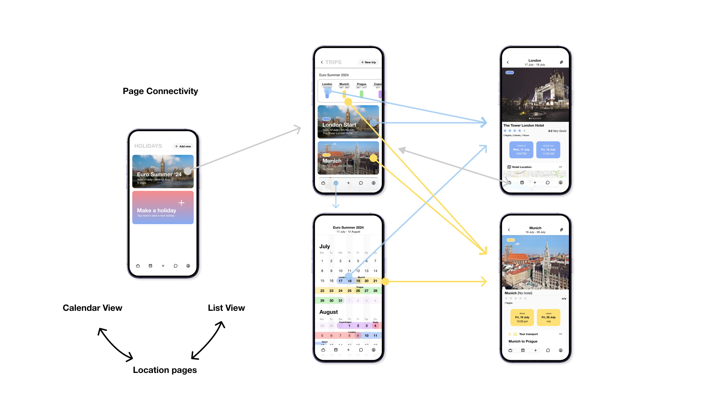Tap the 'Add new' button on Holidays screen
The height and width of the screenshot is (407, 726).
(183, 146)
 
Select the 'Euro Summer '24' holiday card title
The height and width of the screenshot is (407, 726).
(159, 174)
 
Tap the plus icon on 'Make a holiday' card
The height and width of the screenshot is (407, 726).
(181, 203)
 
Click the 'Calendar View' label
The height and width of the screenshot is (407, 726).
(92, 308)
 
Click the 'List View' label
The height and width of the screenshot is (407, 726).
(226, 308)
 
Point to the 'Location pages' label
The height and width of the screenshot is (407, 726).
(165, 370)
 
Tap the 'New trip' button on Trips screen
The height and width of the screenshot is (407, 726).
(368, 62)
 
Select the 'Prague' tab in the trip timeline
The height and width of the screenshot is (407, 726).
(361, 84)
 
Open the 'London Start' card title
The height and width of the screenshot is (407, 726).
(339, 125)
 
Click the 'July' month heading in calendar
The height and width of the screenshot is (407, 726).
(324, 246)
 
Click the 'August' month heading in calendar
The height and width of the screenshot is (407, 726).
(328, 312)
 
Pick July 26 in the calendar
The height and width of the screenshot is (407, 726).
(358, 291)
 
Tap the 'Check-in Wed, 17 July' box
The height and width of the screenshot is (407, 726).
(521, 150)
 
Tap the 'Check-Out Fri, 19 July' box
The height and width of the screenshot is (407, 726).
(548, 150)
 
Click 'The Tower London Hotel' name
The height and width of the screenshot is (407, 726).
(523, 125)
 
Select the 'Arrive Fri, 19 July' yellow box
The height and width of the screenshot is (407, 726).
(522, 317)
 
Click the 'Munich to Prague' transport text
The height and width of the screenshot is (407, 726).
(522, 341)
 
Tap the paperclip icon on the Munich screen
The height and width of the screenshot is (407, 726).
(561, 230)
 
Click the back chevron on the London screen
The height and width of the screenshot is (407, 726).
(508, 62)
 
